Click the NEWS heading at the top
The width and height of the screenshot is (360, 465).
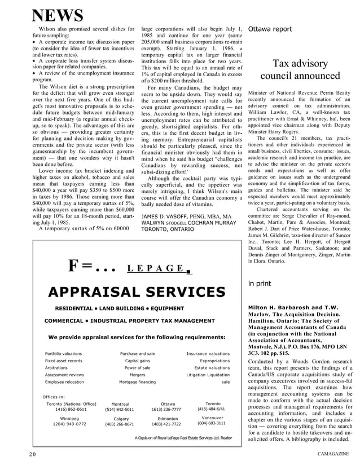[x=57, y=15]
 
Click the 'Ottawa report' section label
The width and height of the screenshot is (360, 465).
[x=270, y=29]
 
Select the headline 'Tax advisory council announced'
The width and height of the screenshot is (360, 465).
[x=300, y=69]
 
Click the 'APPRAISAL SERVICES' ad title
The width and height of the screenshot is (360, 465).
[x=136, y=291]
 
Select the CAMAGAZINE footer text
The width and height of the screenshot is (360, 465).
[x=332, y=454]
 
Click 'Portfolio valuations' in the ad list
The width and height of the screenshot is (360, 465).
[x=64, y=354]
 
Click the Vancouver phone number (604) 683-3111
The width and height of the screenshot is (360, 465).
[x=212, y=423]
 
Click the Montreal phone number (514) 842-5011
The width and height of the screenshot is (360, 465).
[x=120, y=410]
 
